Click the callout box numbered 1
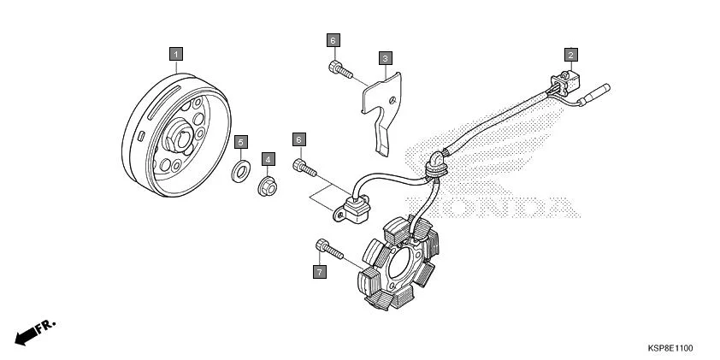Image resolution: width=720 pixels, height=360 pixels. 176,54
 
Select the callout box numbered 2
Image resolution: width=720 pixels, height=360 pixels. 570,55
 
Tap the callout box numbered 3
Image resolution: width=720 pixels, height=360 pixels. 386,58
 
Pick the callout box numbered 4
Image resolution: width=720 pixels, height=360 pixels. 269,159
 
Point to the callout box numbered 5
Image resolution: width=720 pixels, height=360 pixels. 241,142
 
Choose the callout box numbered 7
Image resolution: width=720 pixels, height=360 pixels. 320,271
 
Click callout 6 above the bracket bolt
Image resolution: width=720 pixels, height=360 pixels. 333,40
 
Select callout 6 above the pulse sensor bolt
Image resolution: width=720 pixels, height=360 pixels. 299,139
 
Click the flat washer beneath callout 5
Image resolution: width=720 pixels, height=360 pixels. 240,171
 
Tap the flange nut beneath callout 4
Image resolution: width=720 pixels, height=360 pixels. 267,186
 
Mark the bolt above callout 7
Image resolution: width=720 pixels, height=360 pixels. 329,250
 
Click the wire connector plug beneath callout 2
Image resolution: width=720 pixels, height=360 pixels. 568,83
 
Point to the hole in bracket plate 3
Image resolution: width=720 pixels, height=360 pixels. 392,99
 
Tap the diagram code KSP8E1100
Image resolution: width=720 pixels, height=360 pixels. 670,349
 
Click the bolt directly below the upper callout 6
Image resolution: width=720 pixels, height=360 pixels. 340,69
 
